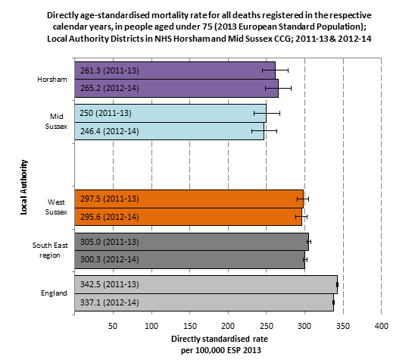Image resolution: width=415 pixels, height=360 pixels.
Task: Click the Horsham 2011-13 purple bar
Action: [175, 70]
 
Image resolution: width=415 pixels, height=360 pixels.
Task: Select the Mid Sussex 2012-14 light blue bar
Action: [169, 131]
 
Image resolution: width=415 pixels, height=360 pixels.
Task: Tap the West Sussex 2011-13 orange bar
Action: [189, 199]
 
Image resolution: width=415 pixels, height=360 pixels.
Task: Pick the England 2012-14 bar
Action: [204, 302]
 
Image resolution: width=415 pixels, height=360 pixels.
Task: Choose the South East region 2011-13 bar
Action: [192, 242]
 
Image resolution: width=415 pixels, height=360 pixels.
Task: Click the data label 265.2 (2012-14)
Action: [110, 88]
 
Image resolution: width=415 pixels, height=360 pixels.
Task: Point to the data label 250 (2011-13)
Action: [105, 113]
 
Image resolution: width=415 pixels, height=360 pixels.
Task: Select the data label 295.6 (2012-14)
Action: [110, 217]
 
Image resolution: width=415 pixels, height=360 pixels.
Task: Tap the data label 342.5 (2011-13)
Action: [110, 284]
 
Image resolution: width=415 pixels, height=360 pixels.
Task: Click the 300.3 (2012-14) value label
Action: [110, 259]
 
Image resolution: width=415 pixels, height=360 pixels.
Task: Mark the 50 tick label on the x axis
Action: [113, 326]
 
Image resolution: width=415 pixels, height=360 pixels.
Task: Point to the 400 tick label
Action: [382, 326]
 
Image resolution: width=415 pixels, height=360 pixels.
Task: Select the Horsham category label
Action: [52, 80]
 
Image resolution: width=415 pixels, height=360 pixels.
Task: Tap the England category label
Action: [54, 293]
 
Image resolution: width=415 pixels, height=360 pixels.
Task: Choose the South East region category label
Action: [50, 250]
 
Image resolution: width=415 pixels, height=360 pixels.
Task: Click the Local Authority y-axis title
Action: [23, 187]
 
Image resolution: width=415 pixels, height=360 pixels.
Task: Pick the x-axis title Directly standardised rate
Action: [220, 339]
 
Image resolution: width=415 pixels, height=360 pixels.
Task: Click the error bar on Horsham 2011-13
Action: [275, 70]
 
